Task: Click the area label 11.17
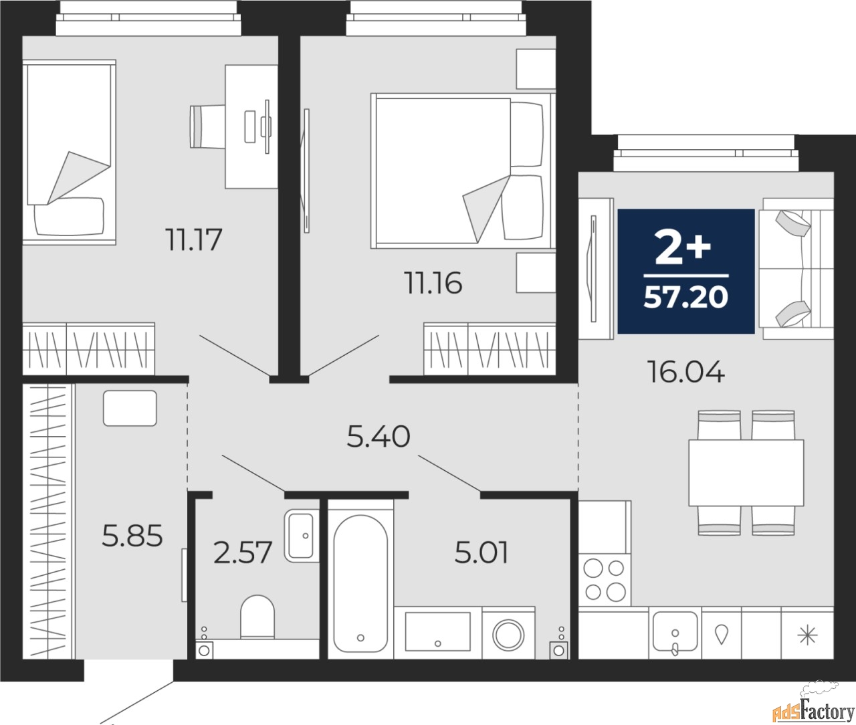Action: pyautogui.click(x=194, y=239)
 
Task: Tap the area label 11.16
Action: pyautogui.click(x=433, y=284)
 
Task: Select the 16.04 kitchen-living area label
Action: pyautogui.click(x=685, y=371)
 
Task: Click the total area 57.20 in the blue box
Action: pyautogui.click(x=685, y=297)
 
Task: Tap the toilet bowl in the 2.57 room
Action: pyautogui.click(x=257, y=617)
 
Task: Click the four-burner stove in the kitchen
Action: pyautogui.click(x=605, y=580)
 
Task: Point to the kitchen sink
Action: pyautogui.click(x=675, y=632)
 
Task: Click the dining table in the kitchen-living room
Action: pyautogui.click(x=746, y=472)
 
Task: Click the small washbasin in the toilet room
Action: pyautogui.click(x=302, y=535)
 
